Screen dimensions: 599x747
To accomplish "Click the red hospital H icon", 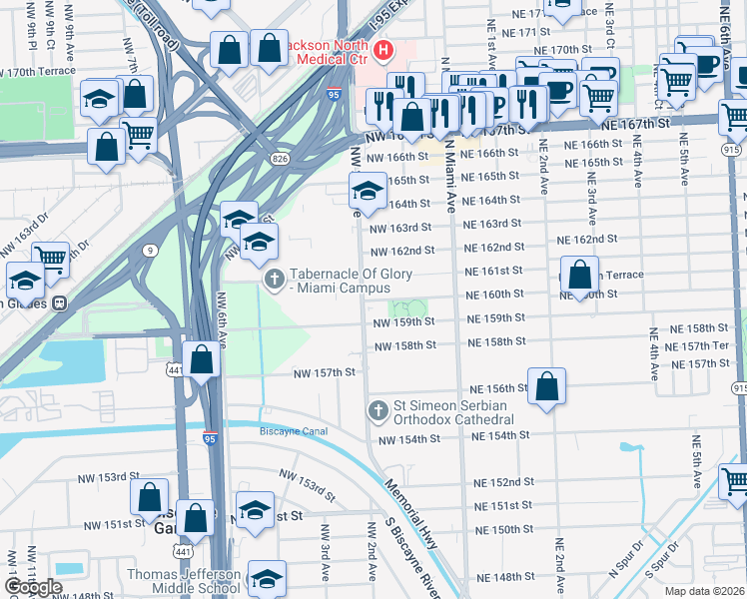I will click(x=382, y=50).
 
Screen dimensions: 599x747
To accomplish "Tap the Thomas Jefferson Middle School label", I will click(x=183, y=582).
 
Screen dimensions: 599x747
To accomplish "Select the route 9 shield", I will click(x=149, y=249).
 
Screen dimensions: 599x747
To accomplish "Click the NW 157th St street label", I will click(x=324, y=372).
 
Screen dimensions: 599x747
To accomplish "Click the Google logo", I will click(x=32, y=587).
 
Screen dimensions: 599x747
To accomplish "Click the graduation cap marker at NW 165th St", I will click(x=368, y=191).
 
